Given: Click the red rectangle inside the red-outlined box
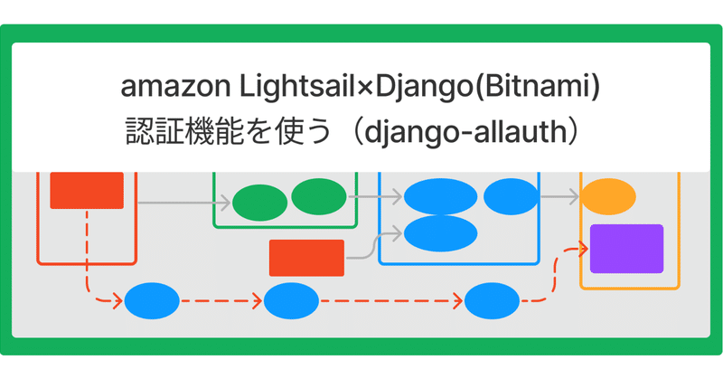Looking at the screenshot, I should click(x=87, y=190).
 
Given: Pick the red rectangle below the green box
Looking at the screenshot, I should click(x=306, y=257).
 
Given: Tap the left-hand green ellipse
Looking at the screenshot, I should click(x=259, y=204).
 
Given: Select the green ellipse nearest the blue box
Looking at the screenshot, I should click(x=318, y=196).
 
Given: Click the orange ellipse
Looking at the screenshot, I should click(x=607, y=196).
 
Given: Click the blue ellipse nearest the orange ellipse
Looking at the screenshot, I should click(x=511, y=196).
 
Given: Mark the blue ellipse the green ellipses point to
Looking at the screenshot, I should click(x=440, y=196).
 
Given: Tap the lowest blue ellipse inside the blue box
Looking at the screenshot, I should click(x=440, y=232).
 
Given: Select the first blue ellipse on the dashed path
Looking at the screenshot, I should click(x=152, y=301).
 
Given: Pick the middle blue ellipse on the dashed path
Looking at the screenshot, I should click(x=291, y=301).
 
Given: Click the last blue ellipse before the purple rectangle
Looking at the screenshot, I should click(x=492, y=301).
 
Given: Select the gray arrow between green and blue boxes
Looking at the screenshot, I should click(x=364, y=196).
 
